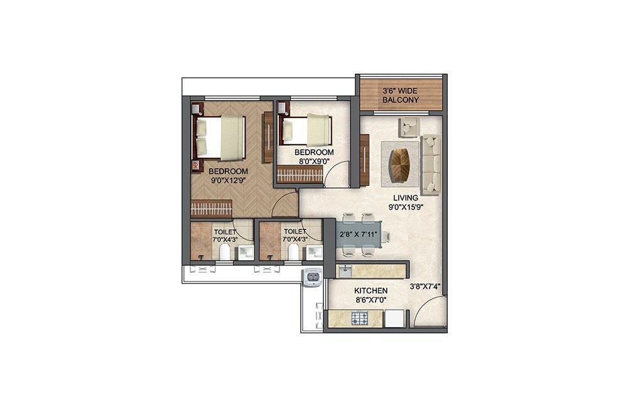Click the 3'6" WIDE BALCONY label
(401, 95)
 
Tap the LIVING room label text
(405, 198)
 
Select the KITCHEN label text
(371, 291)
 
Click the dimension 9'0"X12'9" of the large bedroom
(228, 180)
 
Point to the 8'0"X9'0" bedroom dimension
(314, 161)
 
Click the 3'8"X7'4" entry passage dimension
(425, 286)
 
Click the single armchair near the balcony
(409, 128)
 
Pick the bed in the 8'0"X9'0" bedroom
(307, 131)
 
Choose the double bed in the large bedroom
(220, 136)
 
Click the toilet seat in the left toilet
(224, 251)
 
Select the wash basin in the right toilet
(313, 253)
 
